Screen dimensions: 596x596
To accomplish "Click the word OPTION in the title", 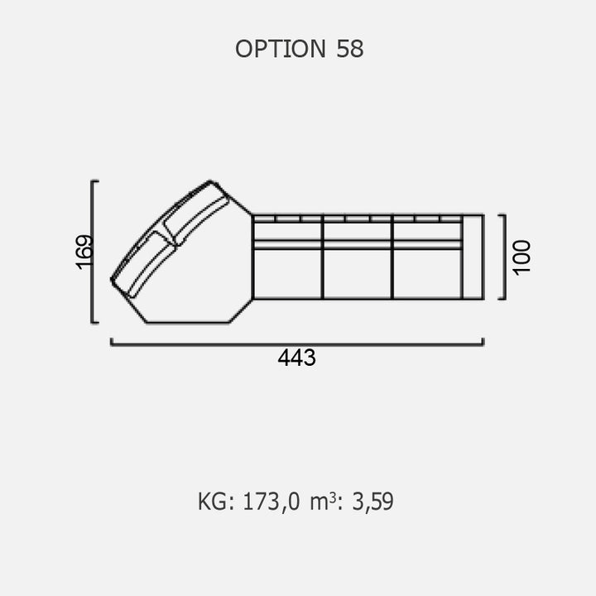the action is (281, 49).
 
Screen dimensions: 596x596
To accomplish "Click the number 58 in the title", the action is (349, 49).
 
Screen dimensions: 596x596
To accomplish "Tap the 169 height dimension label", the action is (84, 252).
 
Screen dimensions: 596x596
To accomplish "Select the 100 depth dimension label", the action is (521, 257).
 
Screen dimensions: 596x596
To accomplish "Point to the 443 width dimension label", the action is (296, 358).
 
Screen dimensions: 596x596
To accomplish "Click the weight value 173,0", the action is (271, 502).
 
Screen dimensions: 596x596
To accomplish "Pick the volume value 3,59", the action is (372, 502).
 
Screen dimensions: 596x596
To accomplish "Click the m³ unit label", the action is (323, 502).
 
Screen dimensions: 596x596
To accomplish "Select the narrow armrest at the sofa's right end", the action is (473, 257).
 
